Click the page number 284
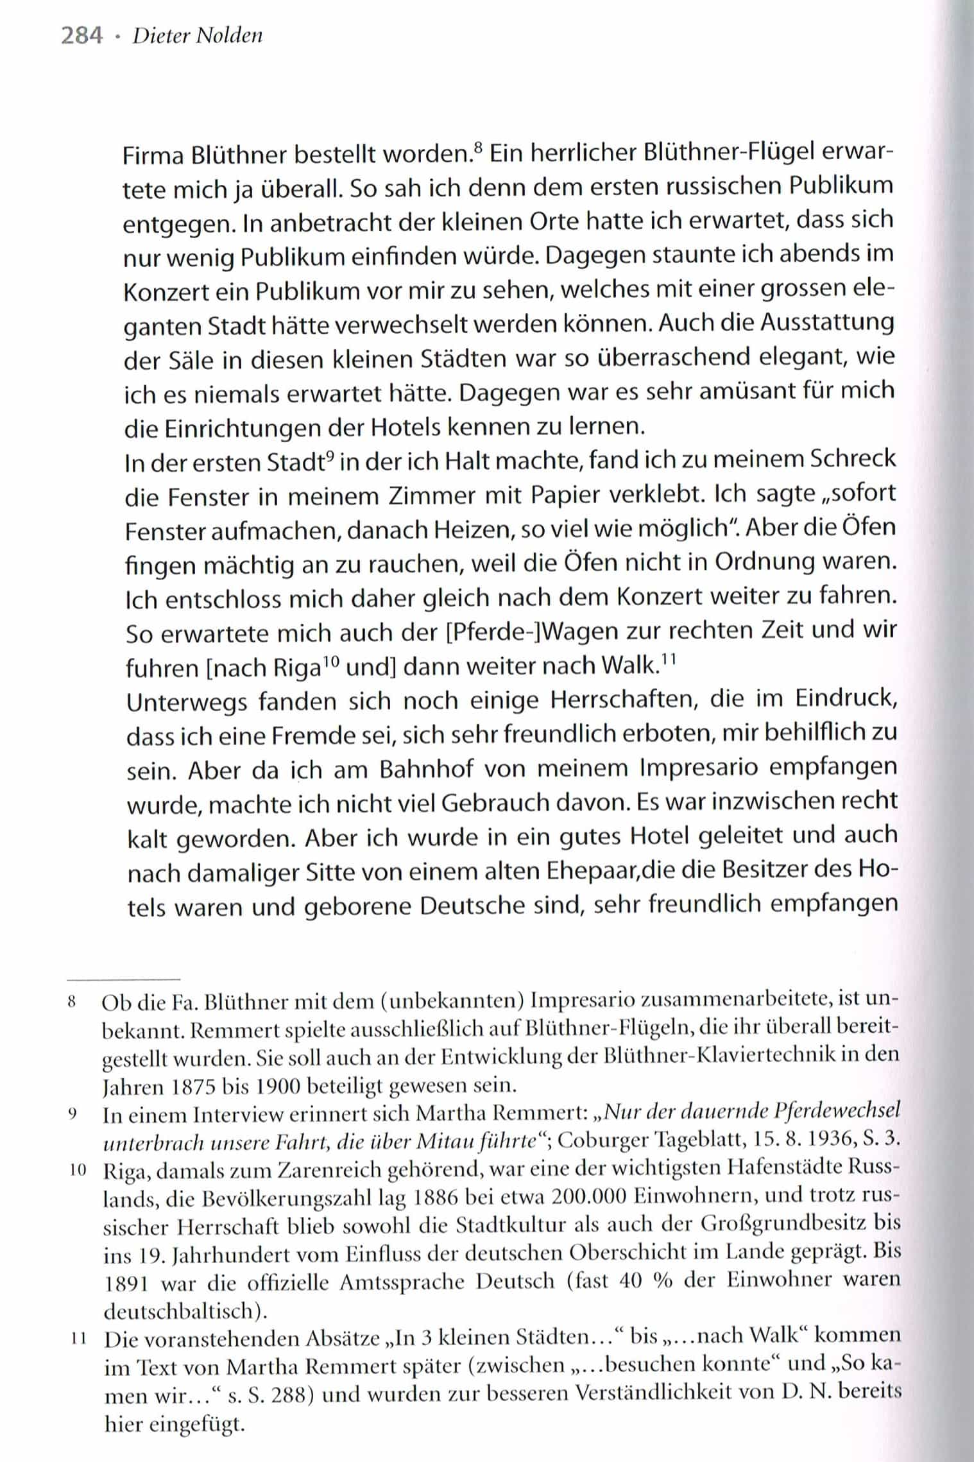(81, 36)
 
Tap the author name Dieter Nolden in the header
(197, 36)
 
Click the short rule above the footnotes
(123, 979)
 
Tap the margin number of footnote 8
(72, 1002)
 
